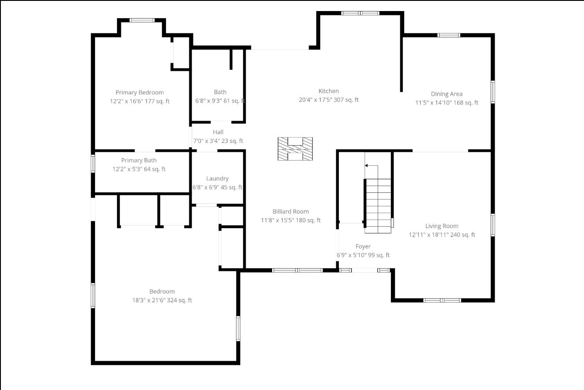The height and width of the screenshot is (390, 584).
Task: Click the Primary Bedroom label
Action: click(x=140, y=93)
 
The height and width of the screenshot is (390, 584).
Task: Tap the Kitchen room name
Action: click(x=329, y=91)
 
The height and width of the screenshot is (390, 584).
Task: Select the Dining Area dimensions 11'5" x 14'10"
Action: click(x=447, y=103)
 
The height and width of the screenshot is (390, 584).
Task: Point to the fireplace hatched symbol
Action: click(x=295, y=149)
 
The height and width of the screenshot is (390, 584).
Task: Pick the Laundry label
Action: click(x=217, y=179)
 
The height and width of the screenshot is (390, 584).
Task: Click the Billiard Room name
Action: click(x=291, y=212)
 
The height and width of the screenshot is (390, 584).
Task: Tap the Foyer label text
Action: click(x=363, y=247)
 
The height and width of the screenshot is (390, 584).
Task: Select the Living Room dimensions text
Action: click(x=442, y=235)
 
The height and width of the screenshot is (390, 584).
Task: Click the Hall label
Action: click(x=218, y=132)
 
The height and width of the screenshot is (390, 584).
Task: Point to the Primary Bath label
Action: click(x=139, y=161)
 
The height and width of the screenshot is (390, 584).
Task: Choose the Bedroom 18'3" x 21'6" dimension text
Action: click(x=162, y=300)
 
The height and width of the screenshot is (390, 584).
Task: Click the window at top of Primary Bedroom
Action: click(x=142, y=20)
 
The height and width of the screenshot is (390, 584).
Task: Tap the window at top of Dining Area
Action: click(x=449, y=35)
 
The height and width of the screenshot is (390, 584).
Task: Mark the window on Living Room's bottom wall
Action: click(x=442, y=300)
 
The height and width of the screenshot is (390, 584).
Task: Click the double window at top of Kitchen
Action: click(x=360, y=13)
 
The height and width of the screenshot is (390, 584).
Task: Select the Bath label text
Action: click(x=220, y=92)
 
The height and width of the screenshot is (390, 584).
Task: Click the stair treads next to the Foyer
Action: click(x=378, y=206)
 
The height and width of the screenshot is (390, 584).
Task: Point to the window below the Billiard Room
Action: click(x=297, y=270)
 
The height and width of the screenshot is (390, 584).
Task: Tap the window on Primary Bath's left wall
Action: click(x=93, y=163)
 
